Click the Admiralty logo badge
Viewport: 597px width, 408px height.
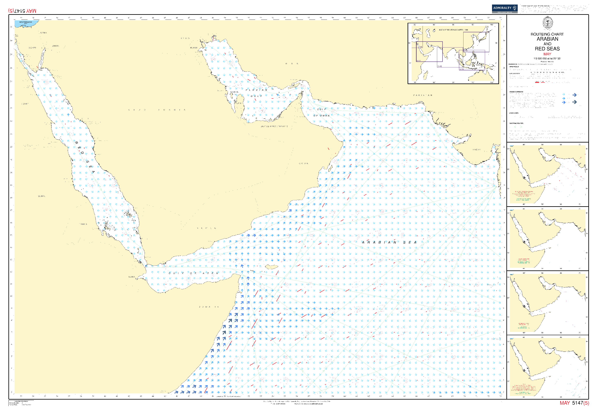504,8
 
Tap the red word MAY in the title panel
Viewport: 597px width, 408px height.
547,54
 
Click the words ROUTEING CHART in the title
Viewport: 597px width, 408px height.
547,34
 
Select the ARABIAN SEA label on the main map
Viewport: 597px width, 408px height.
389,242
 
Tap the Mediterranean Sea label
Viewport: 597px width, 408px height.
26,23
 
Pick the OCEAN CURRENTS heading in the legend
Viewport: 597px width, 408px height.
516,92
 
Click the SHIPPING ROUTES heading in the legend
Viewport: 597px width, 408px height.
516,123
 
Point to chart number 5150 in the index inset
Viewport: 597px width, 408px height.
466,51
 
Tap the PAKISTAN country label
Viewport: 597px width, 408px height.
423,95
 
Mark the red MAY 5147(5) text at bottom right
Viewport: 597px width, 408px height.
574,403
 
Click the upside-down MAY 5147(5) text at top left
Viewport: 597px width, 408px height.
22,11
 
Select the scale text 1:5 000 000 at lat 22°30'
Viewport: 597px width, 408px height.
547,59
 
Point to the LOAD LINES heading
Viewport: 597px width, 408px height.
514,113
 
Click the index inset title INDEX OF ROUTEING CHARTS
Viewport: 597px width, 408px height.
453,30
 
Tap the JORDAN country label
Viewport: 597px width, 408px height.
55,46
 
